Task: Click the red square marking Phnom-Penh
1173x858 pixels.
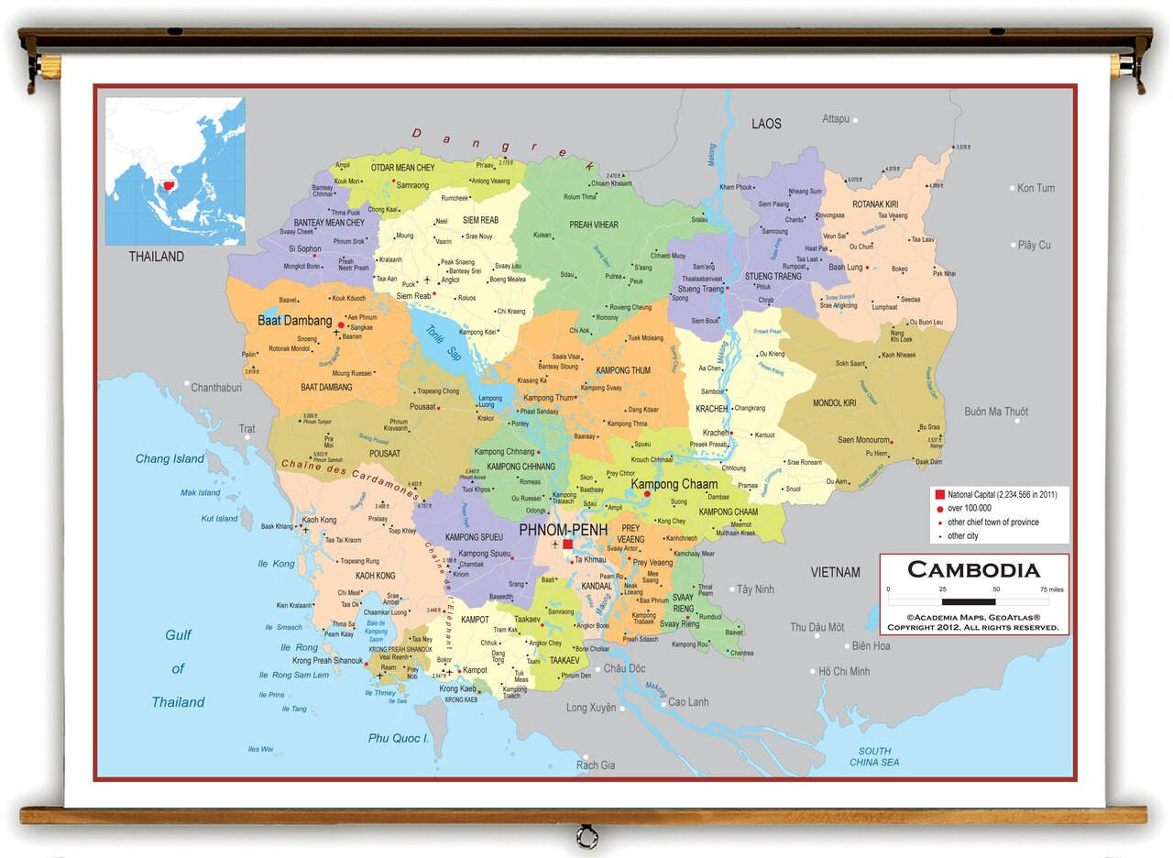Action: click(567, 544)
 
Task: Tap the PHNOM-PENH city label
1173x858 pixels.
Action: click(563, 529)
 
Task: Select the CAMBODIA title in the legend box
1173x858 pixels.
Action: click(973, 570)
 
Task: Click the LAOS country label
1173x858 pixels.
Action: click(766, 124)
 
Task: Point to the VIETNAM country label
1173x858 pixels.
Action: click(835, 572)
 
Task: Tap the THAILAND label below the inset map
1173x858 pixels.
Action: click(156, 257)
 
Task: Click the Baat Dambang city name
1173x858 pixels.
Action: click(294, 321)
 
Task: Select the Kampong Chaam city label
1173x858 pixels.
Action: click(674, 484)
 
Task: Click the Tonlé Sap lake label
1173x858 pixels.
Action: click(441, 342)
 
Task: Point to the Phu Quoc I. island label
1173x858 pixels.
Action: click(399, 738)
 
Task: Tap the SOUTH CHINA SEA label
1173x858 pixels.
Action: click(874, 756)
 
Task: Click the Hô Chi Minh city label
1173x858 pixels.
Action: click(844, 671)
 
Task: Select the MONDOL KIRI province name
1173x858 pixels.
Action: click(834, 403)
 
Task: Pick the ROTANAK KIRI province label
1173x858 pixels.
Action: click(875, 203)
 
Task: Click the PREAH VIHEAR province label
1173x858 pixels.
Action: click(594, 225)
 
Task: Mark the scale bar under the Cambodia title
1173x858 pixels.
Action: click(973, 601)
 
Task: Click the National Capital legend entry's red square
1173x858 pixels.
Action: click(939, 494)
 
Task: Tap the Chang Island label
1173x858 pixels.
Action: click(170, 458)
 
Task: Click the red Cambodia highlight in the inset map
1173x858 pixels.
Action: click(167, 188)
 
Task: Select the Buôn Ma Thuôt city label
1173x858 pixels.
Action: click(996, 412)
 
